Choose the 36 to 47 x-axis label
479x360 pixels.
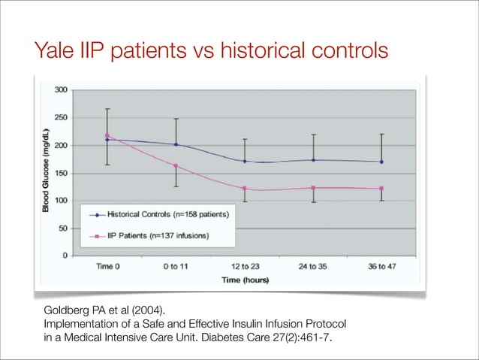point(381,267)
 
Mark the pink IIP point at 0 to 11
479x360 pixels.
point(176,166)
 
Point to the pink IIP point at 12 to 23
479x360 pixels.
point(245,189)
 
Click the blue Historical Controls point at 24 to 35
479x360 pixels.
point(313,159)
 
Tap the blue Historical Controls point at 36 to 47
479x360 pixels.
point(381,162)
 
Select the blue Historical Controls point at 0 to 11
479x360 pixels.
point(176,144)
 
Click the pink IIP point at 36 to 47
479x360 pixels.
point(381,189)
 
